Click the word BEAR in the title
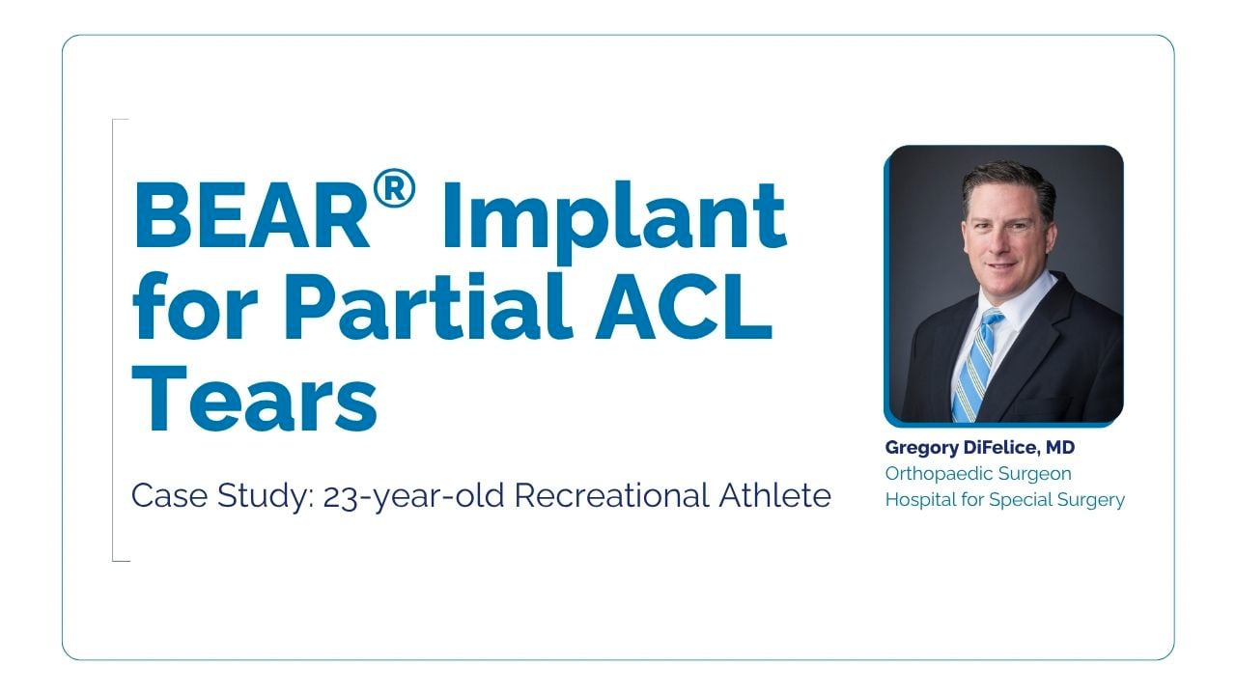point(251,215)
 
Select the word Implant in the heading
point(614,222)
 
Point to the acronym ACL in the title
point(685,306)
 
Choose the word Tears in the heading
point(255,397)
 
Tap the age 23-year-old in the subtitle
point(414,496)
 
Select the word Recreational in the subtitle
point(611,495)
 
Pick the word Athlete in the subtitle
point(774,495)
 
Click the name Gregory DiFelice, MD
point(980,447)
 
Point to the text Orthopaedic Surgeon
point(978,473)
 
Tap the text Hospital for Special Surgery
point(1005,499)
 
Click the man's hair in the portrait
point(1010,182)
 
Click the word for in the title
point(195,305)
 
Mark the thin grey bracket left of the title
point(113,340)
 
